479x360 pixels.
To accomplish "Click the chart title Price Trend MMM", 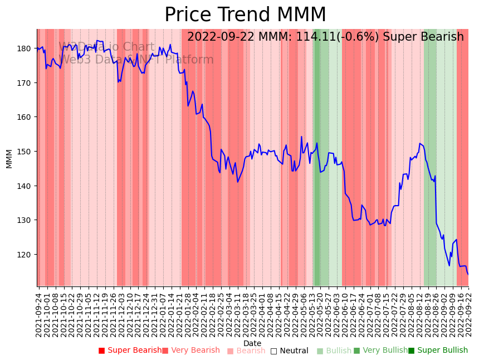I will [245, 15].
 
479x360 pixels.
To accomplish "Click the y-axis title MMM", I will [9, 158].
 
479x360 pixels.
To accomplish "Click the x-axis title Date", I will [252, 343].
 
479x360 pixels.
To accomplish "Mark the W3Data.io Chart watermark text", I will [106, 47].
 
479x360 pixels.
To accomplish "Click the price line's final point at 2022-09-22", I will [468, 274].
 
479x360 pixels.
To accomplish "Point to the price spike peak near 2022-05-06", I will [301, 137].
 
